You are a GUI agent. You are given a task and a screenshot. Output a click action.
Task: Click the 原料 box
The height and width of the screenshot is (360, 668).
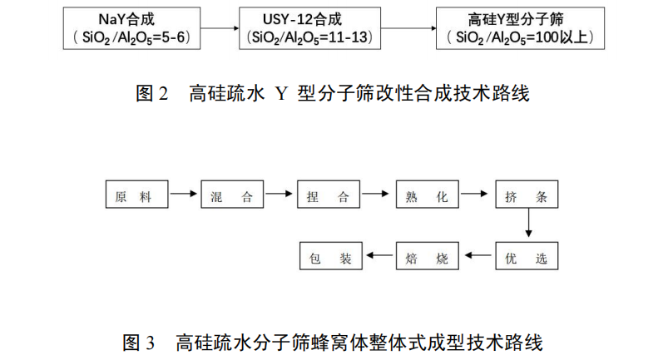(137, 195)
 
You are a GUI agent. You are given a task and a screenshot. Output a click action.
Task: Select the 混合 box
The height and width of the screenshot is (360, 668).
(233, 195)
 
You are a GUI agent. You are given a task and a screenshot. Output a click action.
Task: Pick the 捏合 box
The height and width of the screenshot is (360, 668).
(329, 195)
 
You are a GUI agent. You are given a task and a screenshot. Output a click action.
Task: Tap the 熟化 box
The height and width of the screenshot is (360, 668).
(427, 195)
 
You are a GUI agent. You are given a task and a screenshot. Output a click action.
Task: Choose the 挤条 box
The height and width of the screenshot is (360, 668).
(527, 195)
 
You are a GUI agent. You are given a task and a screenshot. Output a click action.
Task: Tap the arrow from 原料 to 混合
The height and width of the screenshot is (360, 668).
(185, 195)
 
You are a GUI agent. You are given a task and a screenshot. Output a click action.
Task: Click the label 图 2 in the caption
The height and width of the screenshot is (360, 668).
(151, 94)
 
